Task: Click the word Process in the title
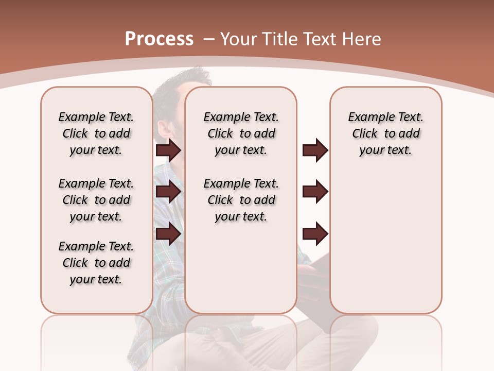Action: pyautogui.click(x=159, y=39)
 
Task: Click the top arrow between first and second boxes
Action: pyautogui.click(x=168, y=150)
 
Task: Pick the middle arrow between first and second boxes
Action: pyautogui.click(x=168, y=192)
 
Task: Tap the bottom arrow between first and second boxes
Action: pyautogui.click(x=168, y=234)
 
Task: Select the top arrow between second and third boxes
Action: pyautogui.click(x=315, y=150)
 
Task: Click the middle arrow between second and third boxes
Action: pyautogui.click(x=315, y=192)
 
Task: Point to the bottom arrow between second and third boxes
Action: pyautogui.click(x=315, y=234)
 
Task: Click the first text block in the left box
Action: pyautogui.click(x=96, y=133)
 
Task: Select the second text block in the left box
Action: pyautogui.click(x=96, y=200)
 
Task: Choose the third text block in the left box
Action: pyautogui.click(x=96, y=263)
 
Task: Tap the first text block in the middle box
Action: pyautogui.click(x=241, y=133)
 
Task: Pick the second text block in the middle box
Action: pyautogui.click(x=241, y=200)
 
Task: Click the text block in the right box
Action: pyautogui.click(x=386, y=133)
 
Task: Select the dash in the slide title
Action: pyautogui.click(x=209, y=39)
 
